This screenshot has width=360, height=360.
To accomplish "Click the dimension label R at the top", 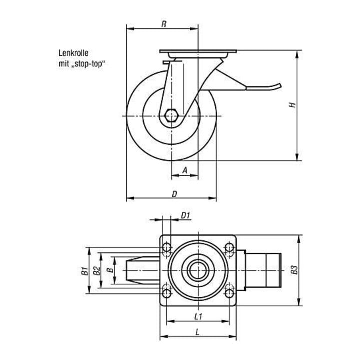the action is (x=163, y=24).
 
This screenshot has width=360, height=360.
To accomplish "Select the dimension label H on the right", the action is (x=292, y=105).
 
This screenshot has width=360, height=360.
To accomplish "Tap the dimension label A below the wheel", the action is (x=185, y=170).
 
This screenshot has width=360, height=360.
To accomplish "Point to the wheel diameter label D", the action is (x=174, y=194).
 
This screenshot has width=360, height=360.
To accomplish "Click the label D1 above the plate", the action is (x=185, y=215).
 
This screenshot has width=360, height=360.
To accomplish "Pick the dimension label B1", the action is (x=85, y=271).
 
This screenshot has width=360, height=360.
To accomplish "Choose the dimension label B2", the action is (x=97, y=271).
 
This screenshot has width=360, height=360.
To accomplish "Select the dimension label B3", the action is (x=294, y=270).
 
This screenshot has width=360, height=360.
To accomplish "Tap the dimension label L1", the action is (x=198, y=317).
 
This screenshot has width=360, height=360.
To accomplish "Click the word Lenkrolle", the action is (x=73, y=53).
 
